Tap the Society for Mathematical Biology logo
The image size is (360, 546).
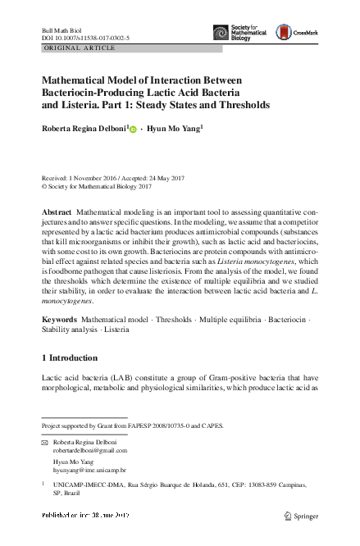241,33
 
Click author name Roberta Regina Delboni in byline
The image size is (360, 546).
83,129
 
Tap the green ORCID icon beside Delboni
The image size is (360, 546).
133,130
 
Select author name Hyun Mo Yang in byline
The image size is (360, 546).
174,129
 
